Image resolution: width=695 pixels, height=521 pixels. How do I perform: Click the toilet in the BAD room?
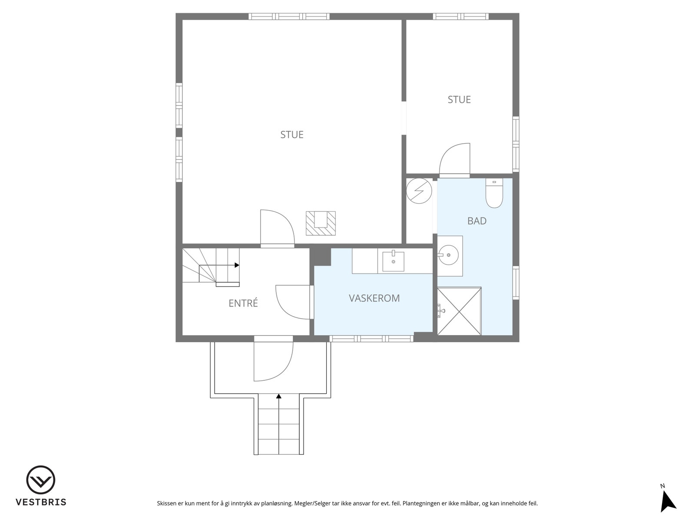coord(494,193)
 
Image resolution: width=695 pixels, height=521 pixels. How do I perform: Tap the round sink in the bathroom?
coord(448,255)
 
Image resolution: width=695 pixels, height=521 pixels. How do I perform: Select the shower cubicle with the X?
coord(459,310)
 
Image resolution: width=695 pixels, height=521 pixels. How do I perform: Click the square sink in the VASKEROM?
coord(393,261)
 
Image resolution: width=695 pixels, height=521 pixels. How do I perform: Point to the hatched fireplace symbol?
coord(321,223)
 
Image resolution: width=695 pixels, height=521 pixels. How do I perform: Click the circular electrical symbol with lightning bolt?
coord(419,191)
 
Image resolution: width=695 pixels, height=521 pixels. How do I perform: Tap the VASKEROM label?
coord(374,298)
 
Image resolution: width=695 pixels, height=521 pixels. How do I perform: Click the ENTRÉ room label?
coord(243,303)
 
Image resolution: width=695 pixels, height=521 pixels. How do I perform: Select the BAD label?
coord(477,221)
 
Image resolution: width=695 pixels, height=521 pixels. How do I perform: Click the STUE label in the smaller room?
coord(459,100)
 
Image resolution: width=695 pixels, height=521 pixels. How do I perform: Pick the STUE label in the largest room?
coord(292,135)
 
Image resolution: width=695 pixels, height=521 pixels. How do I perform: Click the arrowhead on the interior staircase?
coord(237,265)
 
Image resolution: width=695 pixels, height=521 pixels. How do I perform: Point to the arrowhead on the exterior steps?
coord(278,396)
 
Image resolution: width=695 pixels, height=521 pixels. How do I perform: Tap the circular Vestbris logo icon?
coord(40,480)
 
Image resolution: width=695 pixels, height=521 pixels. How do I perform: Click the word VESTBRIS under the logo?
coord(41,502)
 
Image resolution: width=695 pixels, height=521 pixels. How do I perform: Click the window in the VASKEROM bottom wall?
coord(371,339)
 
